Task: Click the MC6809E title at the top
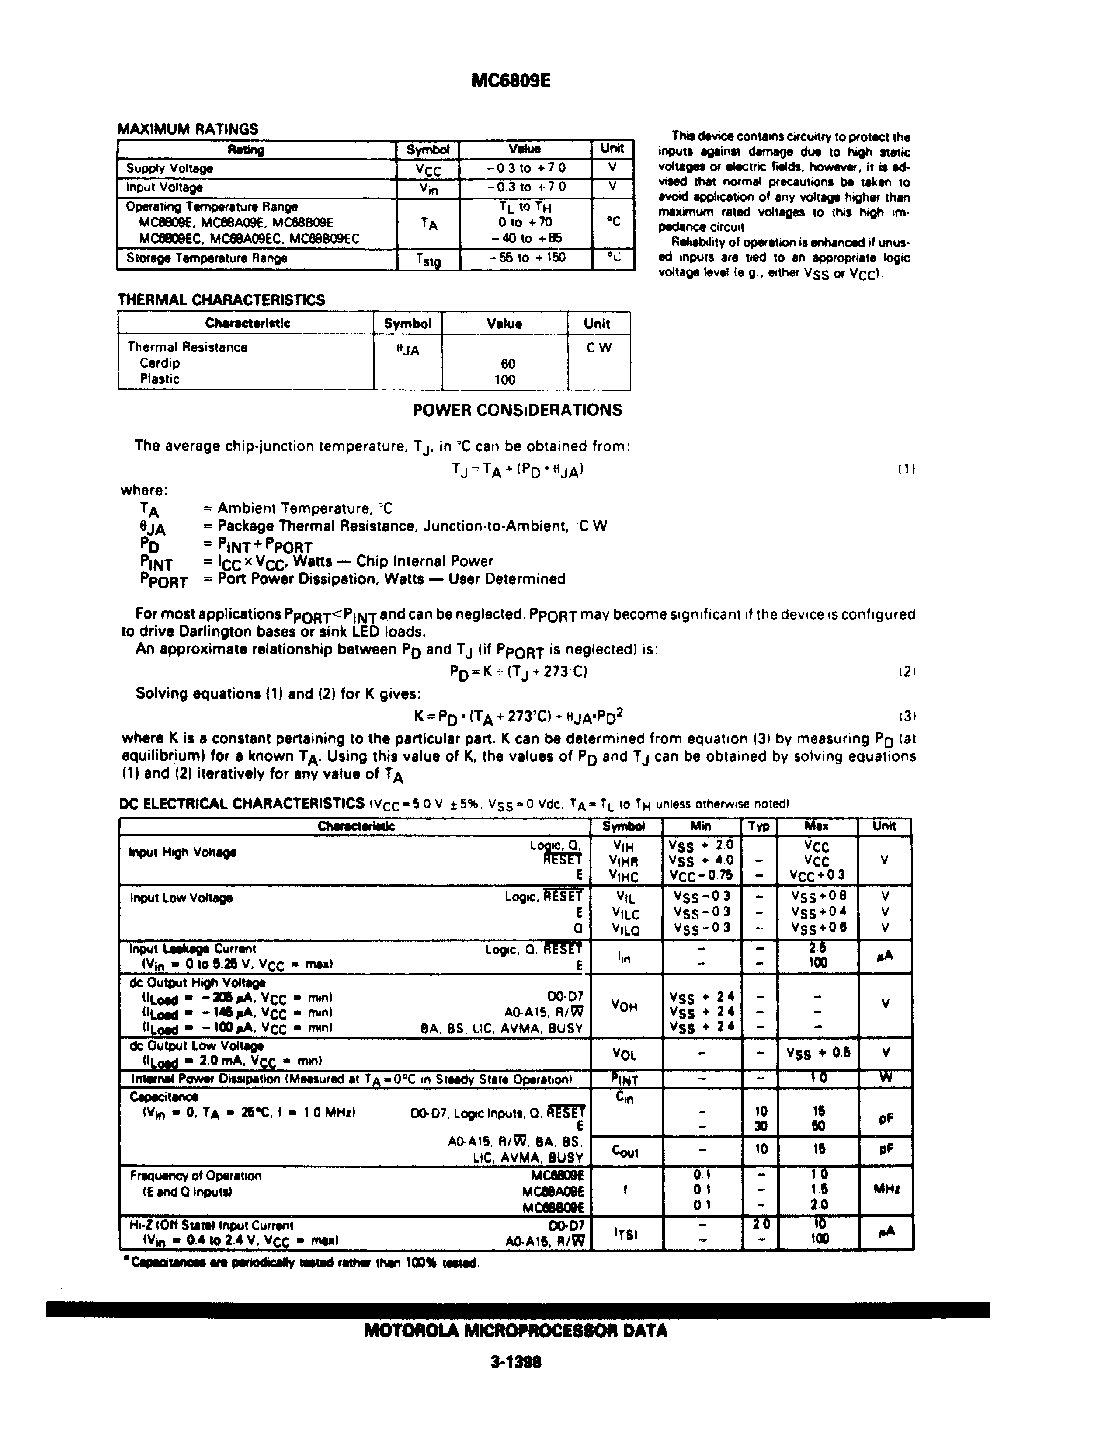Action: tap(511, 81)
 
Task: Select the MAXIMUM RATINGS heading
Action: tap(188, 129)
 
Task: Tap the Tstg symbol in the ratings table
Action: tap(428, 260)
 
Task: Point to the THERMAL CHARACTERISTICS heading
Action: tap(221, 300)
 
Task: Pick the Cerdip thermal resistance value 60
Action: tap(508, 364)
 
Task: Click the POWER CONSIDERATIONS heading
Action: tap(517, 411)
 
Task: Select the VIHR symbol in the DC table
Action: tap(624, 861)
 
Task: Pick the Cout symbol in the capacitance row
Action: tap(625, 1150)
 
